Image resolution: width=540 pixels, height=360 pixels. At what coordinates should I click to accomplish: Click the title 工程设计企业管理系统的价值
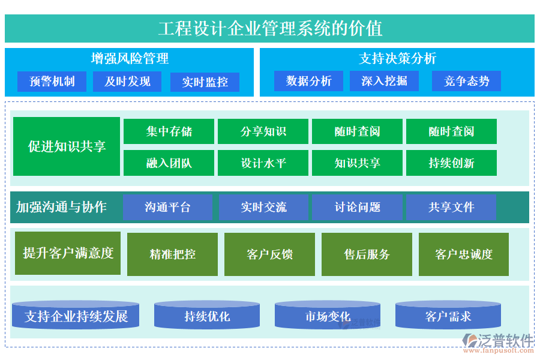pos(270,28)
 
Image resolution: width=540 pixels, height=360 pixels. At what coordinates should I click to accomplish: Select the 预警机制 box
pos(52,82)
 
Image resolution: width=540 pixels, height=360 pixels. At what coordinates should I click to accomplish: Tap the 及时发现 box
pos(127,82)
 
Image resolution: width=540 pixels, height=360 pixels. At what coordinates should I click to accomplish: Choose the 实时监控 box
pos(205,82)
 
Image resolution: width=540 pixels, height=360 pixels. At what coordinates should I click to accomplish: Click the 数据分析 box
pos(308,81)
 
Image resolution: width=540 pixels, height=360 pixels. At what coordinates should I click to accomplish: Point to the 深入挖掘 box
pos(384,81)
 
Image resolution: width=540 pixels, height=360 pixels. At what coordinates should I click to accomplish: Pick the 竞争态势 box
pos(466,81)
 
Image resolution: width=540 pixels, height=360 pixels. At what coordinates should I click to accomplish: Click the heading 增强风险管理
pos(130,58)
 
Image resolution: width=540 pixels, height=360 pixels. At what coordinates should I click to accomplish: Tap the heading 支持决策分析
pos(397,58)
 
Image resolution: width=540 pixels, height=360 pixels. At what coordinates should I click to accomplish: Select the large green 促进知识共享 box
pos(67,146)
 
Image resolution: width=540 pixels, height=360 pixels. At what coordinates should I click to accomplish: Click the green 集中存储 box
pos(169,131)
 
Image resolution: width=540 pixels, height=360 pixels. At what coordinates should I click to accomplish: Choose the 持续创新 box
pos(451,163)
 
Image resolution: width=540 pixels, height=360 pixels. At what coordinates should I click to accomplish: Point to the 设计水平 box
pos(263,163)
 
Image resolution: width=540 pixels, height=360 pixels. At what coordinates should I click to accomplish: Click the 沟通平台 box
pos(167,207)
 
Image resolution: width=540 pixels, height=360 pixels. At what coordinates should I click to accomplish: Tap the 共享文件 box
pos(451,207)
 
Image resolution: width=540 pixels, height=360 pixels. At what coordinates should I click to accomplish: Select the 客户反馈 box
pos(269,254)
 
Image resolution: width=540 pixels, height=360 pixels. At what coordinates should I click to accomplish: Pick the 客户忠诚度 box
pos(463,254)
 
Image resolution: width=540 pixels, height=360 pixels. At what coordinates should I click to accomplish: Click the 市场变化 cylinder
pos(328,316)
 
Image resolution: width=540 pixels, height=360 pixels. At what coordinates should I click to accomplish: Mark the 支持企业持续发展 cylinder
pos(76,316)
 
